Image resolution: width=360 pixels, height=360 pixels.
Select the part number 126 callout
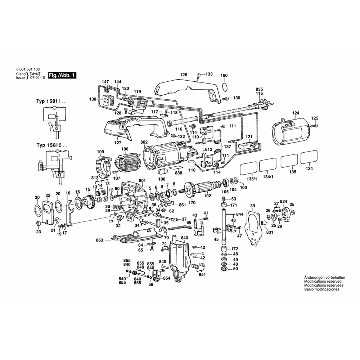[x=184, y=75]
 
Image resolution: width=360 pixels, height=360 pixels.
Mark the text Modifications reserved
[x=323, y=281]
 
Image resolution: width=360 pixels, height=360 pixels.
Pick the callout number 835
[x=259, y=89]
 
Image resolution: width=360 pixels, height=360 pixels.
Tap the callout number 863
[x=100, y=240]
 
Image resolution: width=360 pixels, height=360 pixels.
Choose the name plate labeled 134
[x=310, y=157]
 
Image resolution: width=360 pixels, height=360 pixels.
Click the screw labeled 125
[x=316, y=125]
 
